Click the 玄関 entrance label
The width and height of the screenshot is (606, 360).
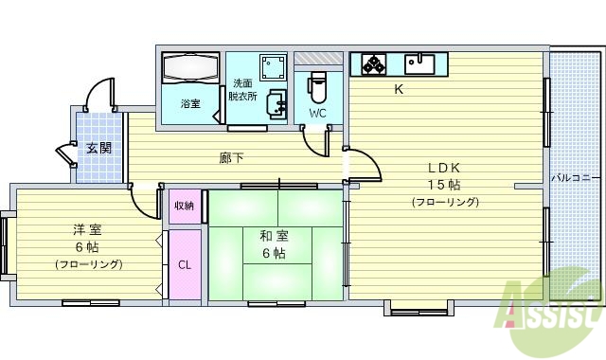[x=98, y=148]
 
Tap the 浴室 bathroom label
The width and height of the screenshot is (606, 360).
[x=190, y=103]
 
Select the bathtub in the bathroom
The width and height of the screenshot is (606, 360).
[x=190, y=70]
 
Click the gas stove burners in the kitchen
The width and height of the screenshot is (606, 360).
[x=372, y=64]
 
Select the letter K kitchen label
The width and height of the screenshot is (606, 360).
[x=399, y=90]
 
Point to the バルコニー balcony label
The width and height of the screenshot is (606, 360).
[x=571, y=178]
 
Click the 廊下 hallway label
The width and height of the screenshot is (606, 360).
[x=231, y=158]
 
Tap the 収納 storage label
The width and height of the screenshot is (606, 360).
[x=184, y=206]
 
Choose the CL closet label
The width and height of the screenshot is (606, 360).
[x=185, y=264]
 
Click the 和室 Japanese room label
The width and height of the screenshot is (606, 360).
[x=273, y=236]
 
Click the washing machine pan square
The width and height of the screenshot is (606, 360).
[x=274, y=68]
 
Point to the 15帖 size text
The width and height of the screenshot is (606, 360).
[x=443, y=184]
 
